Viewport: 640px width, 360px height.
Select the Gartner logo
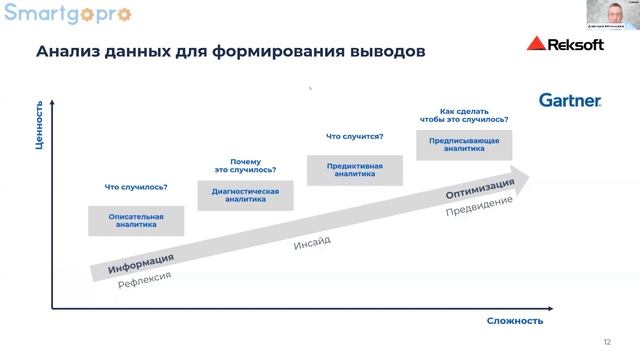pyautogui.click(x=570, y=100)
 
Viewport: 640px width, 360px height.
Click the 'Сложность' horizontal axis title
pyautogui.click(x=515, y=320)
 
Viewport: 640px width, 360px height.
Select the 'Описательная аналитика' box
pyautogui.click(x=136, y=221)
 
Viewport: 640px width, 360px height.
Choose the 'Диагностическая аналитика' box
pyautogui.click(x=245, y=195)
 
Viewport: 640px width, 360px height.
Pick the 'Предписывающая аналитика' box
pyautogui.click(x=464, y=145)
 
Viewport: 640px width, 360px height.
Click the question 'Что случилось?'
pyautogui.click(x=136, y=187)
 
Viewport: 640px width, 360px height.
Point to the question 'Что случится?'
pyautogui.click(x=355, y=136)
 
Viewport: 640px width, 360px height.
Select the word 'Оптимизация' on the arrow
pyautogui.click(x=480, y=188)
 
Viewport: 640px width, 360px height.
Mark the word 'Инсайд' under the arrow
pyautogui.click(x=312, y=243)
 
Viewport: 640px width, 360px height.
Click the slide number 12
pyautogui.click(x=606, y=342)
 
